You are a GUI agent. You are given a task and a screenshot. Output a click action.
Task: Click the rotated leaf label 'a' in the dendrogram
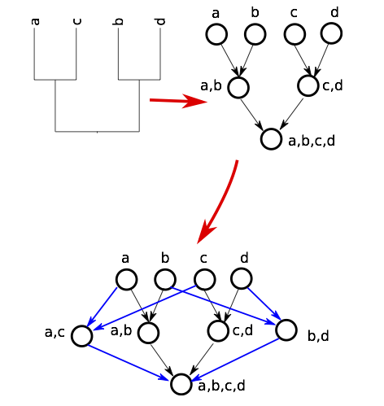click(36, 21)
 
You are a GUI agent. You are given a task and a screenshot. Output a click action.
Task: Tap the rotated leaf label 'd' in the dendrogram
click(161, 21)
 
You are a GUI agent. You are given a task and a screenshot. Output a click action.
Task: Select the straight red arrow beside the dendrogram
click(178, 101)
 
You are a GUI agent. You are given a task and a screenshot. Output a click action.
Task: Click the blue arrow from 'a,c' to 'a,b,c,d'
click(129, 363)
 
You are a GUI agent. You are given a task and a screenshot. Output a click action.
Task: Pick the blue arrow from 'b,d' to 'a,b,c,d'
click(236, 360)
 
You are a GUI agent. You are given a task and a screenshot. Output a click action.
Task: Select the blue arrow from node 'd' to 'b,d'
click(264, 303)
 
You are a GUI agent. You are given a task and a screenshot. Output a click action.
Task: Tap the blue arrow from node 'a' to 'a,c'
click(102, 307)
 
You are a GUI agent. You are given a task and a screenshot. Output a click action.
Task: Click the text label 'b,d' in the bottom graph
click(318, 336)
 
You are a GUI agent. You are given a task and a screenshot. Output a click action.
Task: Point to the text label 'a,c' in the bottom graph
click(55, 332)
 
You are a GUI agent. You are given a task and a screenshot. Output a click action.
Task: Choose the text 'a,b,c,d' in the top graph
click(312, 141)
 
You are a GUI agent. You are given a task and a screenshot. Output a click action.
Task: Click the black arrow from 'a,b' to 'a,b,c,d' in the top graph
click(251, 115)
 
